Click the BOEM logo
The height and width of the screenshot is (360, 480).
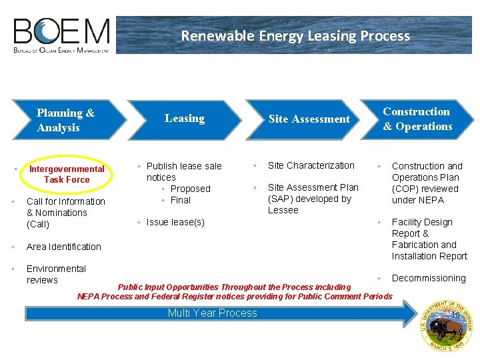click(x=61, y=35)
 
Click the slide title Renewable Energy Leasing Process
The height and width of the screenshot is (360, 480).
click(x=295, y=36)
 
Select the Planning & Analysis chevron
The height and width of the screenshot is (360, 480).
click(x=65, y=120)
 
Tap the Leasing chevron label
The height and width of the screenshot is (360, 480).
click(x=185, y=119)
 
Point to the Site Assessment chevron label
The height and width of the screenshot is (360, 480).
click(x=309, y=119)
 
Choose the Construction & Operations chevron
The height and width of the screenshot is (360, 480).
click(x=417, y=119)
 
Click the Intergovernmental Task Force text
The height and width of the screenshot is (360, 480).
click(x=66, y=174)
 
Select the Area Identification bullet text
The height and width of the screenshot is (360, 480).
click(x=64, y=247)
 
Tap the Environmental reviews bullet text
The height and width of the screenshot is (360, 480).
click(x=56, y=274)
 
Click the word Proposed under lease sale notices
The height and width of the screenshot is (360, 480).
click(x=190, y=189)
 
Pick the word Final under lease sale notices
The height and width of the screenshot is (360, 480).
click(x=181, y=200)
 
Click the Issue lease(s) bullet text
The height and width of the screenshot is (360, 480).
click(x=175, y=222)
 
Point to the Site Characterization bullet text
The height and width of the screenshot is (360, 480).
click(x=311, y=165)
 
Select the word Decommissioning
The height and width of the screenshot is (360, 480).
click(x=429, y=278)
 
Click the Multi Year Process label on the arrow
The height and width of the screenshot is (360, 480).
click(x=212, y=313)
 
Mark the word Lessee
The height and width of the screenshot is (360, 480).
click(x=283, y=210)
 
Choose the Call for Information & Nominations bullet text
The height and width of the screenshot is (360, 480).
click(x=65, y=213)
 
